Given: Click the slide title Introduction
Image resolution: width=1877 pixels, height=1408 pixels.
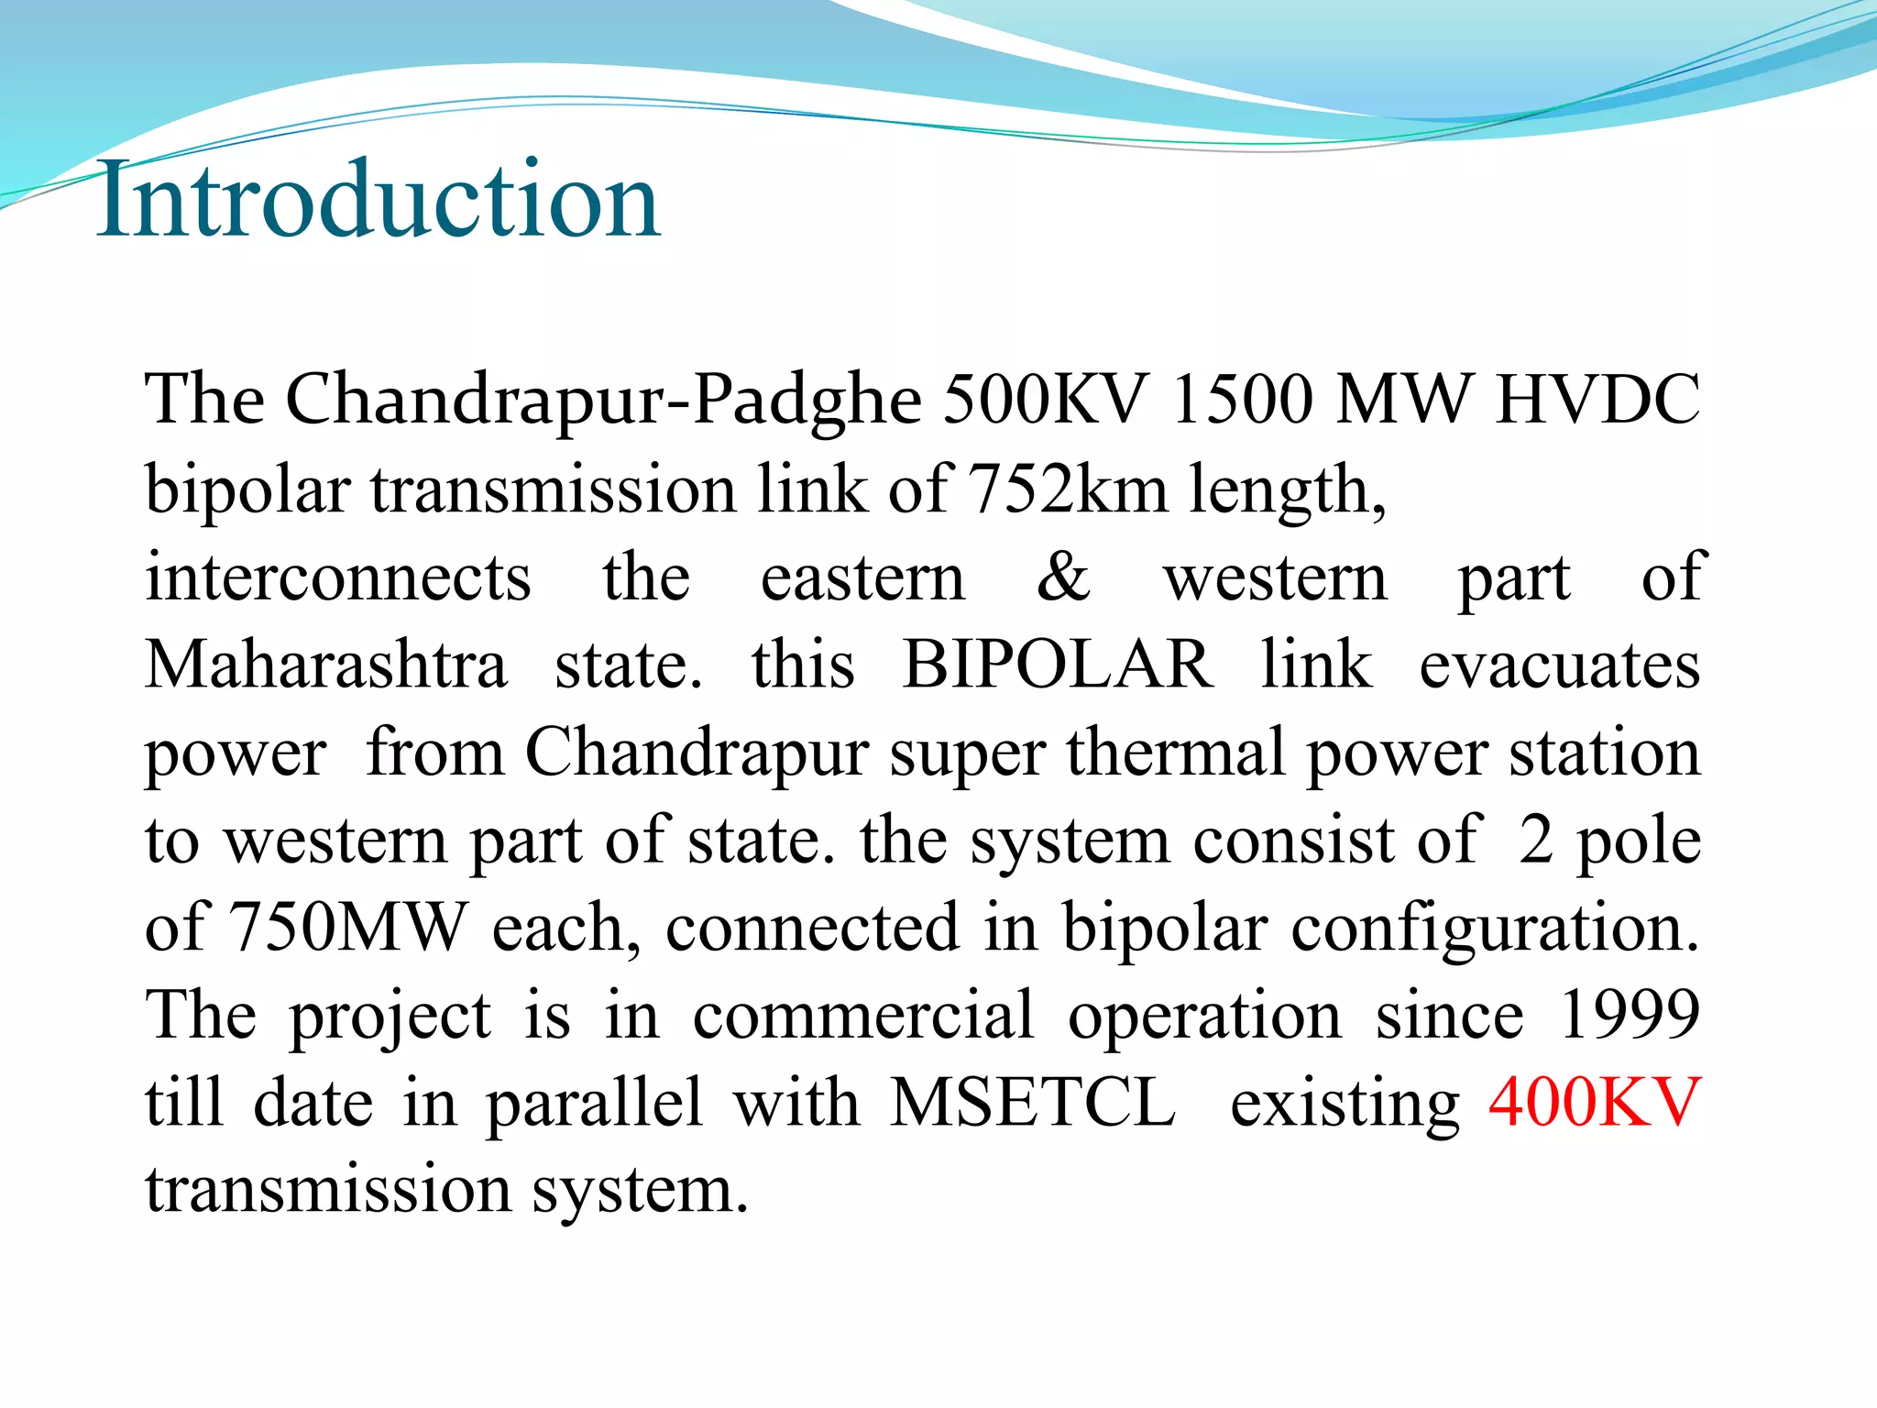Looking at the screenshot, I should point(378,200).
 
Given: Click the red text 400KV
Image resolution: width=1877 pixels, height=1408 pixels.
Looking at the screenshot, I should point(1595,1102).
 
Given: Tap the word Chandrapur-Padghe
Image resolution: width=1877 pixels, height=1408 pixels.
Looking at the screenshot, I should point(604,401).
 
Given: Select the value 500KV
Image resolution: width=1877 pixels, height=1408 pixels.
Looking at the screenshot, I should point(1045,401).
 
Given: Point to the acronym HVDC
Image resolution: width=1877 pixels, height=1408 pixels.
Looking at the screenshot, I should point(1597,401).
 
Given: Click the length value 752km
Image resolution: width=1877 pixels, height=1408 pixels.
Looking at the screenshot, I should point(1068,489).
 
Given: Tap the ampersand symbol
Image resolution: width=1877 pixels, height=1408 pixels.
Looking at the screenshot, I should point(1063,577).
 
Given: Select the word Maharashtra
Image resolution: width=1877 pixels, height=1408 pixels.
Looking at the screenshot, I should point(326,664).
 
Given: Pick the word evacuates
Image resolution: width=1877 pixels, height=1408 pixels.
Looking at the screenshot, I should point(1559,664).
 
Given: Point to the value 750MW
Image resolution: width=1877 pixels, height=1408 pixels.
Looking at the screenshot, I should point(347,927).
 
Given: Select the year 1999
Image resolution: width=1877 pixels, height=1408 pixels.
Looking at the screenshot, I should point(1630,1015).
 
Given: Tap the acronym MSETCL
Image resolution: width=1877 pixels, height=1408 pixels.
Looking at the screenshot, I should point(1033,1102).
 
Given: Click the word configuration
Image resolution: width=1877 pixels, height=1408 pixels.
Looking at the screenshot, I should point(1495,927).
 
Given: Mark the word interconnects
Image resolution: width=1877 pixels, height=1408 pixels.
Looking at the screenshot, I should point(338,578).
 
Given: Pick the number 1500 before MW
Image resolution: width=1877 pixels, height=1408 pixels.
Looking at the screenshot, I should point(1242,401).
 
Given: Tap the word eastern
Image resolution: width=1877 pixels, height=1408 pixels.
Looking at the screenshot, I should point(862,578).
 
